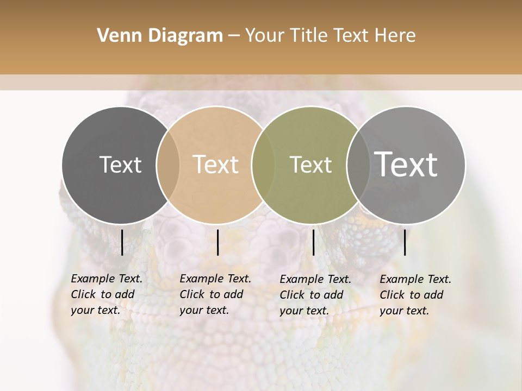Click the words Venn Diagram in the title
160,36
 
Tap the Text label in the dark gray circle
120,165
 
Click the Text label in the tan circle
216,165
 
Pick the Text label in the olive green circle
310,165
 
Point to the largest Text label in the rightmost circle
406,164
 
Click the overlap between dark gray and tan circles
168,165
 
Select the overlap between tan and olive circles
263,165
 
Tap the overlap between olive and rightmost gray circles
358,165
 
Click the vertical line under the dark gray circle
122,242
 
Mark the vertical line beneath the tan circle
217,242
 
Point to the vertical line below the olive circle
313,242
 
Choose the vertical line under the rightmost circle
405,242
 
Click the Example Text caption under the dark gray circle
107,294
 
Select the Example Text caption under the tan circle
215,294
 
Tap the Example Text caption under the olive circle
315,295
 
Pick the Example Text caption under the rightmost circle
415,295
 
